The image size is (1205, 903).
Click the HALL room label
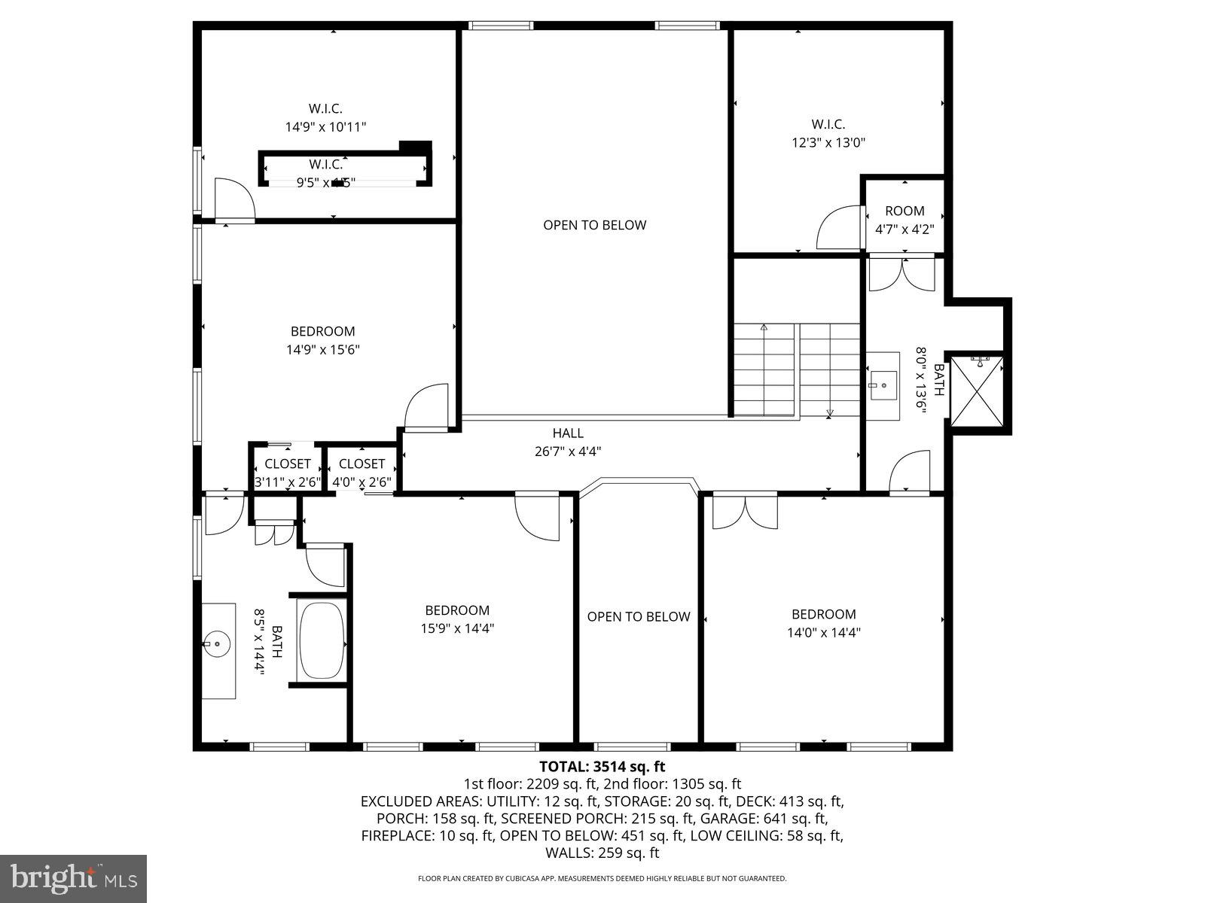567,433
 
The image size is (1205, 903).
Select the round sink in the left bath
216,643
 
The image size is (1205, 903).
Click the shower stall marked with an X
977,391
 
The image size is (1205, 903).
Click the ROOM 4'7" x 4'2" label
904,211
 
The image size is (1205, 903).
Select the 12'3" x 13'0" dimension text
828,142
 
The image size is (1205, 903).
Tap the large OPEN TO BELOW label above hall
594,225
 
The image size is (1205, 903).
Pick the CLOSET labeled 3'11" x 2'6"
287,464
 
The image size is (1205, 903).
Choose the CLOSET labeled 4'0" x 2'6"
361,464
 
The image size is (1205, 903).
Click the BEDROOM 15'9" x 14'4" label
457,610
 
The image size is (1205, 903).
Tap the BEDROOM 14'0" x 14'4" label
823,614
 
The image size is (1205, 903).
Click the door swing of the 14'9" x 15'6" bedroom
426,406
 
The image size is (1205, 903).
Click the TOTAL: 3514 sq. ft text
602,767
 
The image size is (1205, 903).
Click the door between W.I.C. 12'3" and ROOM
838,229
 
